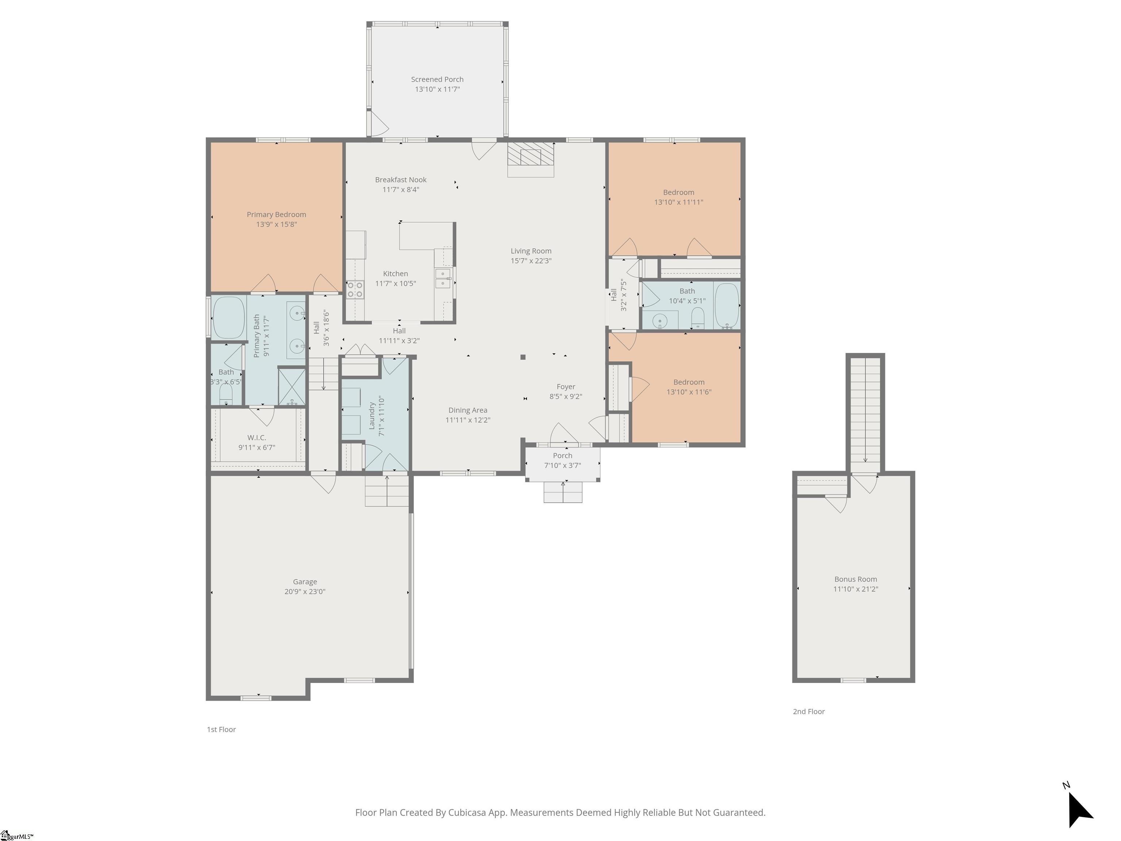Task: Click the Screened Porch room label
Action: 437,80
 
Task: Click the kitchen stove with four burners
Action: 355,290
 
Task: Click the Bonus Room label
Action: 855,579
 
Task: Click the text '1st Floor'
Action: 221,729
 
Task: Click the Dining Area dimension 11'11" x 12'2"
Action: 468,420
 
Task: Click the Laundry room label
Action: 371,416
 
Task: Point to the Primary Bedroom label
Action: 276,214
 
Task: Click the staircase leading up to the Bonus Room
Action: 865,410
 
